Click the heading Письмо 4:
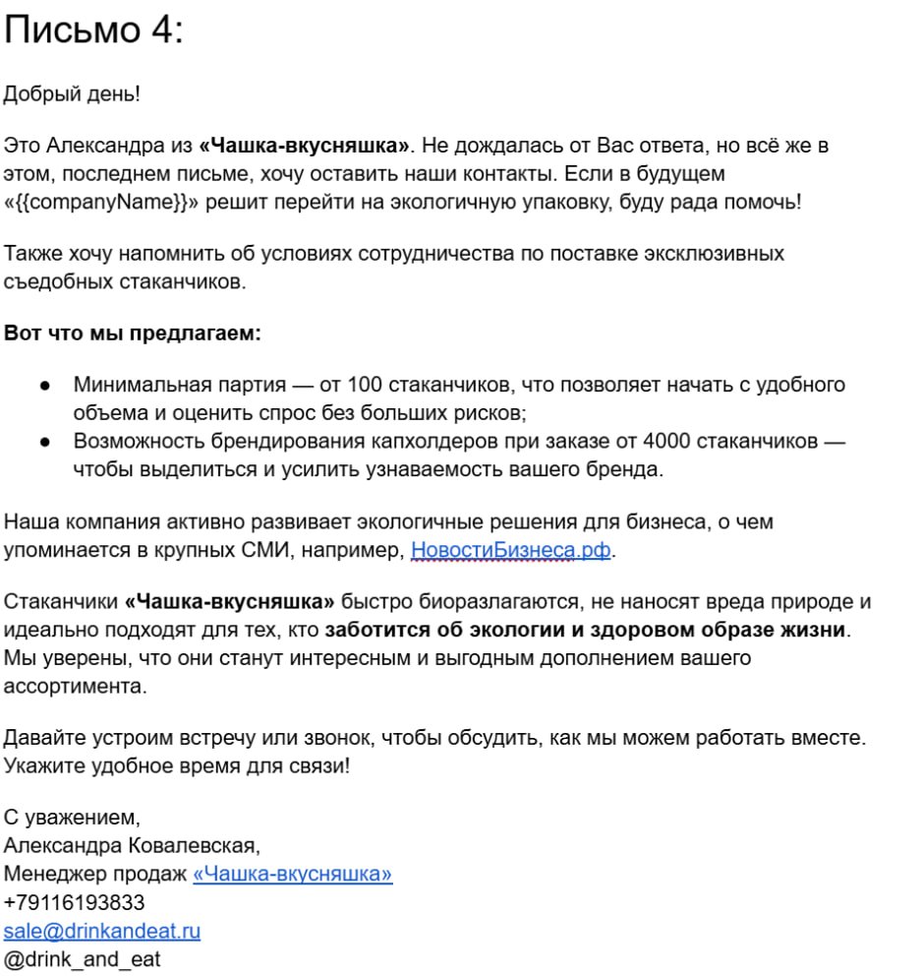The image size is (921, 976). [93, 31]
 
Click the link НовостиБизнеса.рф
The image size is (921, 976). [511, 550]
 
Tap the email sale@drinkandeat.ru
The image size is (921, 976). [102, 930]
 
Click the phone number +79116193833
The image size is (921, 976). [75, 902]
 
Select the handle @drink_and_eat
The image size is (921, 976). [82, 958]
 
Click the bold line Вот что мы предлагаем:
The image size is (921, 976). [133, 333]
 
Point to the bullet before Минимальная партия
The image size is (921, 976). [45, 386]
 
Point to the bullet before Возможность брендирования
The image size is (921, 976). [45, 443]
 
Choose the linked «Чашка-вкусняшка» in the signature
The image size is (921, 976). [293, 874]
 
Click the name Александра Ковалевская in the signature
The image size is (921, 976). [131, 845]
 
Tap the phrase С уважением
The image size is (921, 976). [72, 817]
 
